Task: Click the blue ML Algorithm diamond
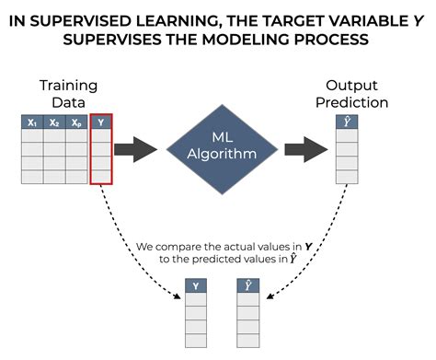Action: tap(223, 145)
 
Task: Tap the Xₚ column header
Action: tap(77, 122)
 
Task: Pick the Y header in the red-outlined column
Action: tap(101, 122)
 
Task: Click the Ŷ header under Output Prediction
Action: tap(346, 122)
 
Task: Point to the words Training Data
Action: tap(67, 92)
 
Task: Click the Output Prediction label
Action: tap(351, 92)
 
